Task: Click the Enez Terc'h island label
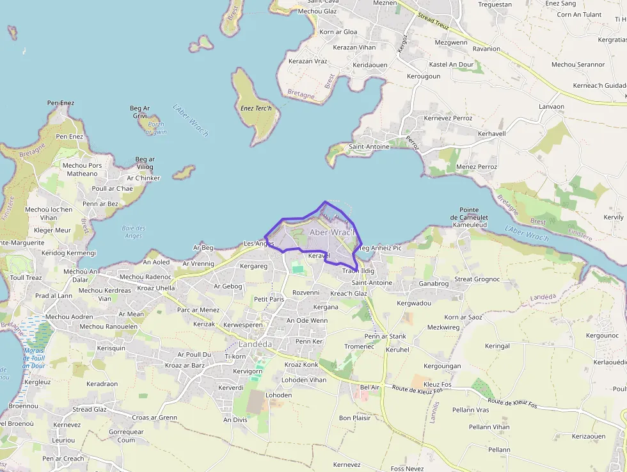(256, 108)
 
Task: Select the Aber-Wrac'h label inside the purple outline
(331, 232)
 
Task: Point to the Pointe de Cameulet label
(473, 214)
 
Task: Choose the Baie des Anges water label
(134, 232)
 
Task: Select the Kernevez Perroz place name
(448, 118)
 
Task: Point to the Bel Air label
(370, 387)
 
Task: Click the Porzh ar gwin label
(155, 128)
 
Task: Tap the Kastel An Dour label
(451, 65)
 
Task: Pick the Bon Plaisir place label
(354, 418)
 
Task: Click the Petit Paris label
(269, 299)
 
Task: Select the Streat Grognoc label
(477, 279)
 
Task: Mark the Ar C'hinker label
(143, 178)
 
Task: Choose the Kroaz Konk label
(301, 365)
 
